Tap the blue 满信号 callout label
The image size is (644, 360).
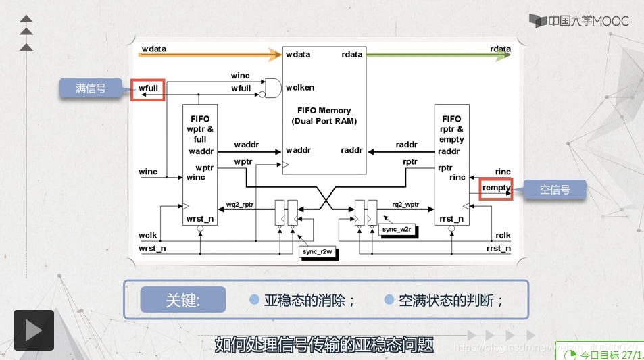91,88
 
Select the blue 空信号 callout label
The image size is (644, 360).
554,190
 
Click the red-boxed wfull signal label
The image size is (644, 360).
147,88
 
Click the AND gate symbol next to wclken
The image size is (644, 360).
273,87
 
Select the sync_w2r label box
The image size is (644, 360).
398,230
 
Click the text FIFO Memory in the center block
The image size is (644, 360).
324,110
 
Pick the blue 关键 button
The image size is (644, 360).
183,300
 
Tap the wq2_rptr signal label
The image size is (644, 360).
240,204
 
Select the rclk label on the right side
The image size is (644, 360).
503,236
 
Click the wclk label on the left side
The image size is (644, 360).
147,236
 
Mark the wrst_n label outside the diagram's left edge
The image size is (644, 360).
152,249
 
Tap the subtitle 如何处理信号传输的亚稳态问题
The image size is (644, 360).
324,344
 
